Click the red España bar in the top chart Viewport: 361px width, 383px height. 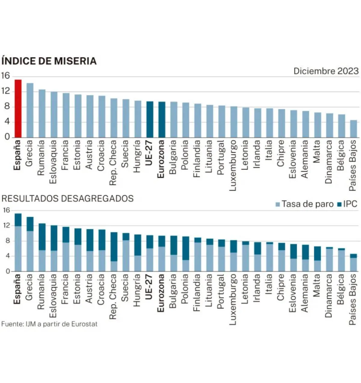18,109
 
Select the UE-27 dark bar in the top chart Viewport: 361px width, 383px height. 150,119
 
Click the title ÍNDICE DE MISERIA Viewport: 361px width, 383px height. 49,61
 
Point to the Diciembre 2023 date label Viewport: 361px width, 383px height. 326,71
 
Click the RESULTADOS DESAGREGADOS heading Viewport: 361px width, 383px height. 68,199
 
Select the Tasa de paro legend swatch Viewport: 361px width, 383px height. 278,204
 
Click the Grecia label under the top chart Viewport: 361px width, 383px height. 29,153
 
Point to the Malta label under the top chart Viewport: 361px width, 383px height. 317,152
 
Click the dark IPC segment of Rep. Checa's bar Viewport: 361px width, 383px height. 114,247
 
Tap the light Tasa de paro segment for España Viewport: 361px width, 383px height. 18,249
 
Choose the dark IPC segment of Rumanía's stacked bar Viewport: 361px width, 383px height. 42,237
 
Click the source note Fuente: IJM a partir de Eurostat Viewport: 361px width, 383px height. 49,324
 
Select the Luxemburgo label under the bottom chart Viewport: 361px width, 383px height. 233,299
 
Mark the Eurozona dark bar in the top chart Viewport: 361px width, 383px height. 162,120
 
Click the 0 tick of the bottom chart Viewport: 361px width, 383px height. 8,271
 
